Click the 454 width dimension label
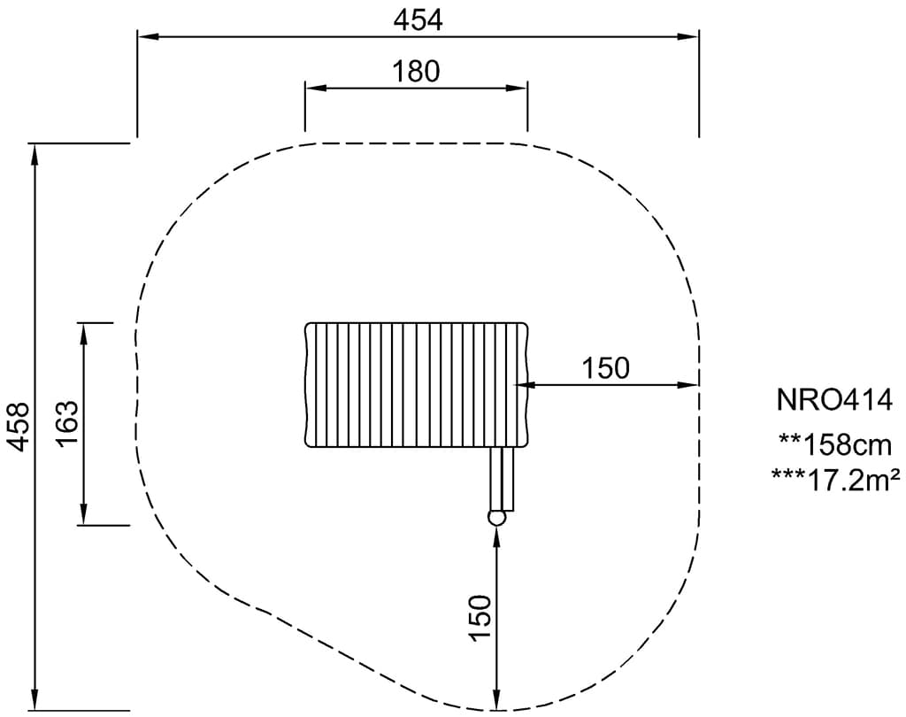[x=418, y=20]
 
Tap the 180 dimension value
[x=416, y=72]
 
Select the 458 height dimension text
[x=19, y=427]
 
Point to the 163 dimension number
[x=67, y=423]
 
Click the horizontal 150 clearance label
[x=605, y=368]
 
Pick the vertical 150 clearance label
[x=480, y=618]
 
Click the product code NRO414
[x=834, y=400]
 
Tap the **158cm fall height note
[x=834, y=445]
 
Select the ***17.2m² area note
[x=835, y=480]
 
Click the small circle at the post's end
[x=496, y=518]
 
